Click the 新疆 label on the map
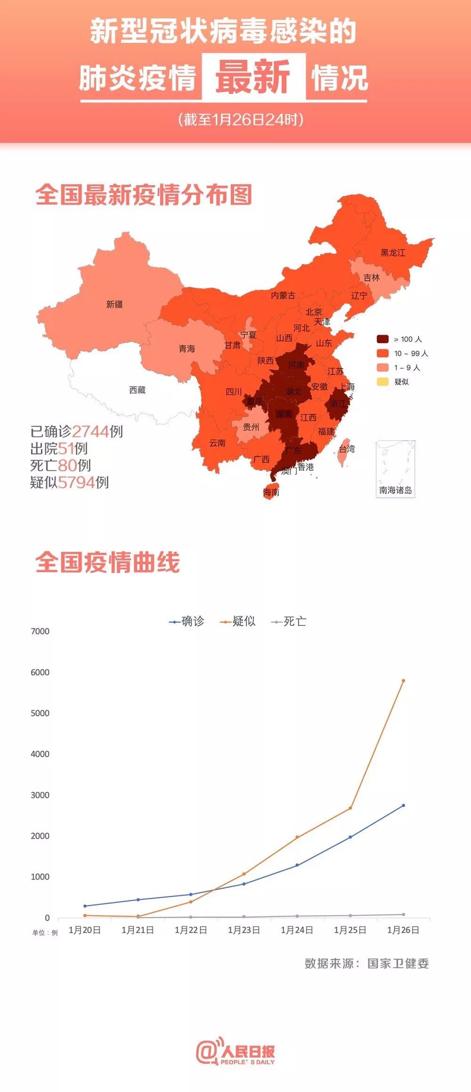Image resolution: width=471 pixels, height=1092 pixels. pos(114,304)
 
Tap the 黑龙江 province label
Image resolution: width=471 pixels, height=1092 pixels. pos(393,253)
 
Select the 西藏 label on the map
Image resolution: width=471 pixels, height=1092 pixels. pos(137,390)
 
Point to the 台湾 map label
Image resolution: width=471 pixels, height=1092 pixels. pos(347,449)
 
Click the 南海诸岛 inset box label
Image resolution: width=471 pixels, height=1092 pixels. pos(395,490)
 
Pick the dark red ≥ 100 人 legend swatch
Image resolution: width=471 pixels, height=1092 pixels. pos(382,339)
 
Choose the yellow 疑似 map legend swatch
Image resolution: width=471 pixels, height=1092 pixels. pos(382,381)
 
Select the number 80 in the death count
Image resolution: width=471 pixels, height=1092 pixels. pos(67,465)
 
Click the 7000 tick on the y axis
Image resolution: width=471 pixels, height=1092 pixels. pos(40,631)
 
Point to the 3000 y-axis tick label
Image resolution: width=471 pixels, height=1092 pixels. pos(40,795)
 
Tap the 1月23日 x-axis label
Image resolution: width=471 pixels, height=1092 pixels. pos(244,930)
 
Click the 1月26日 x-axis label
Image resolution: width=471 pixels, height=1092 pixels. pos(403,930)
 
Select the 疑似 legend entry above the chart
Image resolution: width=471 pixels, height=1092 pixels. pos(238,622)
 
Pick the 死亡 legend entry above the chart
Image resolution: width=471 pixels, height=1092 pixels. pos(289,622)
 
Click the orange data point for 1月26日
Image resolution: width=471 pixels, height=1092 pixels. pos(403,681)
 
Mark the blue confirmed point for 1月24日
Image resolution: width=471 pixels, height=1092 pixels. pos(297,865)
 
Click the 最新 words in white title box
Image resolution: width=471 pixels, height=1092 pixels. pos(253,77)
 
